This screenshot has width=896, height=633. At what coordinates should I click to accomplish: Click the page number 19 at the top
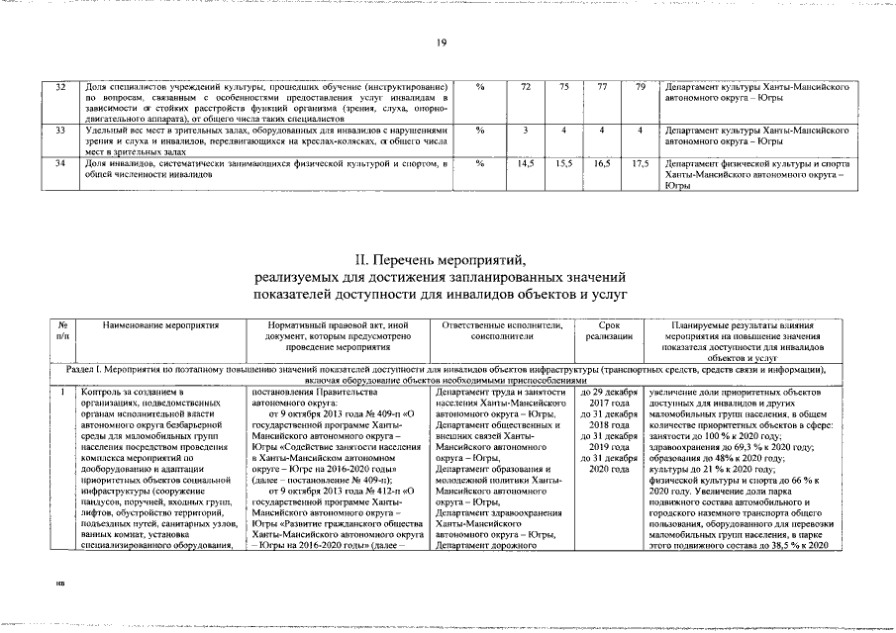pos(442,42)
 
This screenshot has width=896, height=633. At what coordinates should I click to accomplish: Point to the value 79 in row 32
pos(641,87)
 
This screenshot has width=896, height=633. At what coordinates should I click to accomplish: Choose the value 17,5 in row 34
pos(641,162)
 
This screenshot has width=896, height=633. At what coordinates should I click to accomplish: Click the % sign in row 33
pos(479,131)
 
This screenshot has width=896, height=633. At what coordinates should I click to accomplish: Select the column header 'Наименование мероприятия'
pos(159,324)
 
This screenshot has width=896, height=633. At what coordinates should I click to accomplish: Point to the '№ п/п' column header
pos(62,330)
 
